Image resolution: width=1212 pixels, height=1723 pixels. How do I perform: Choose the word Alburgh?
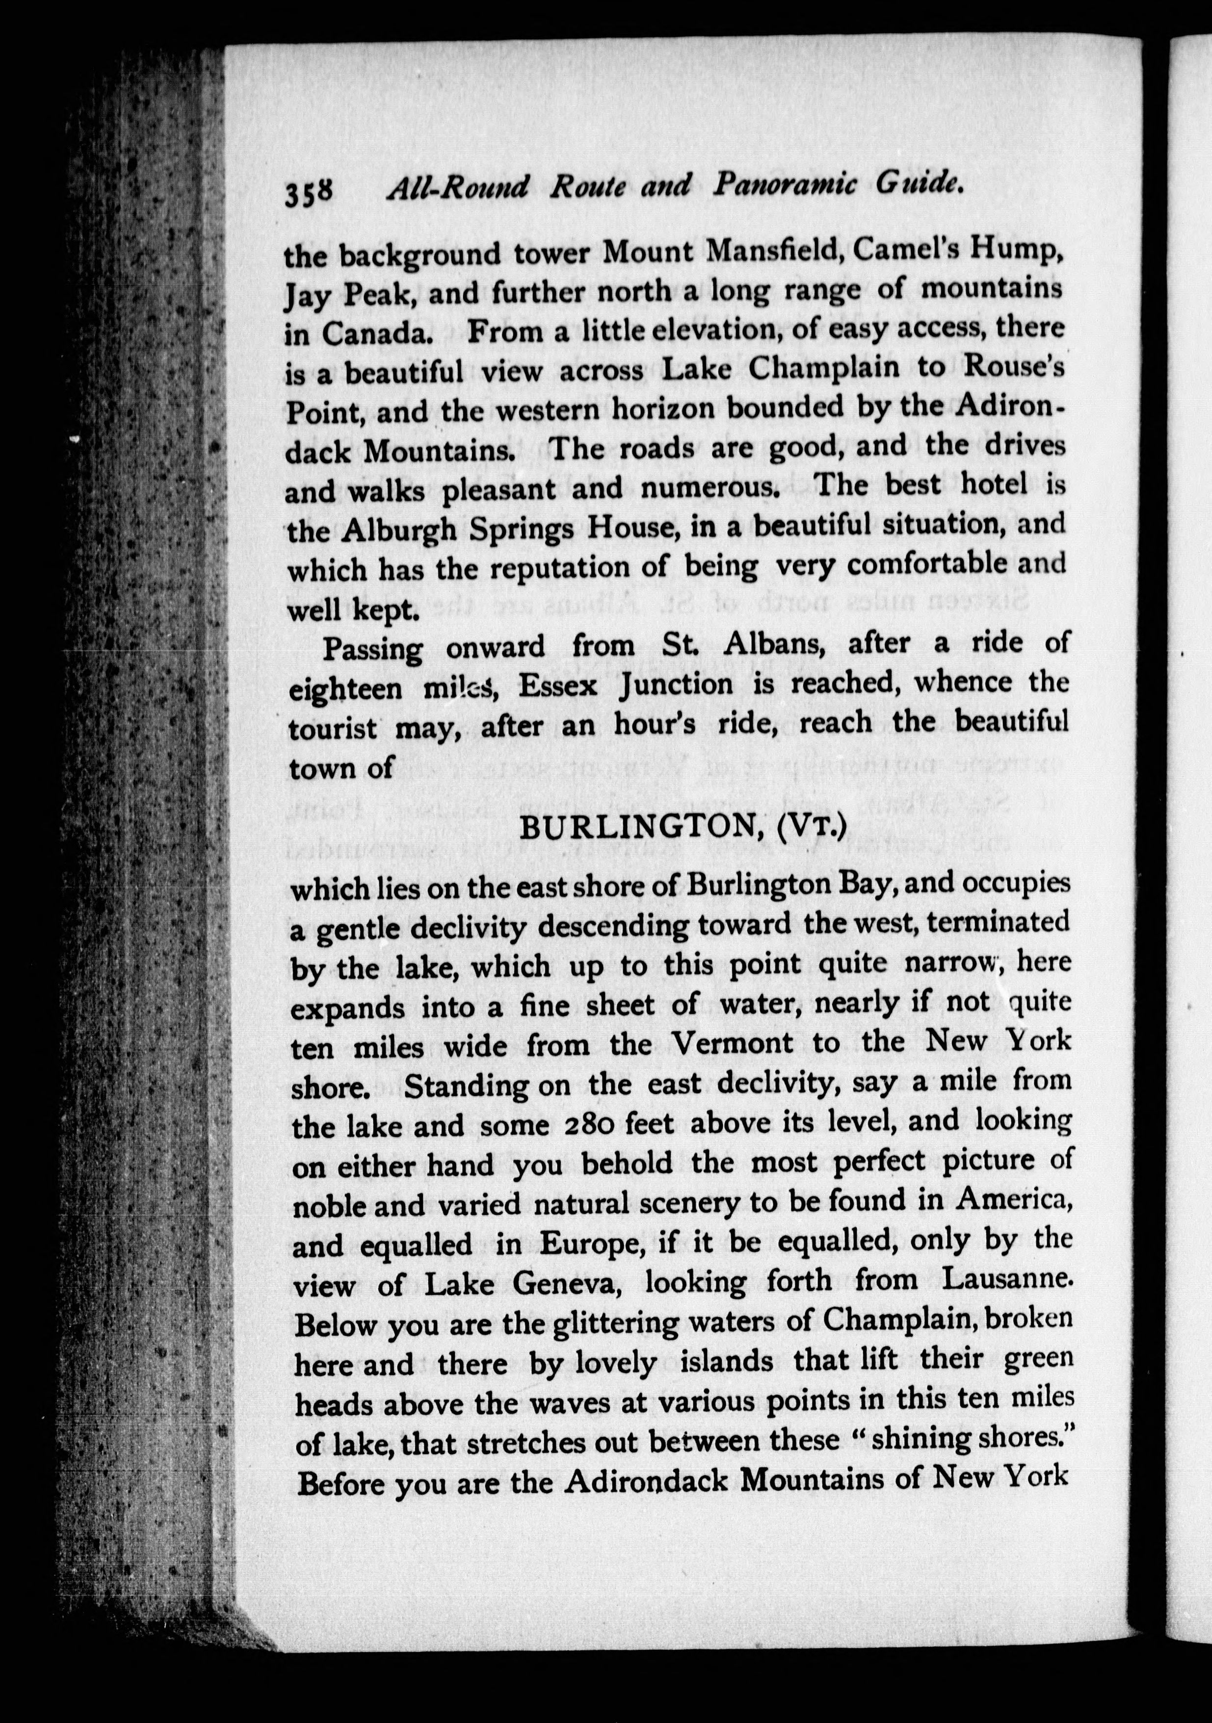coord(399,530)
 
